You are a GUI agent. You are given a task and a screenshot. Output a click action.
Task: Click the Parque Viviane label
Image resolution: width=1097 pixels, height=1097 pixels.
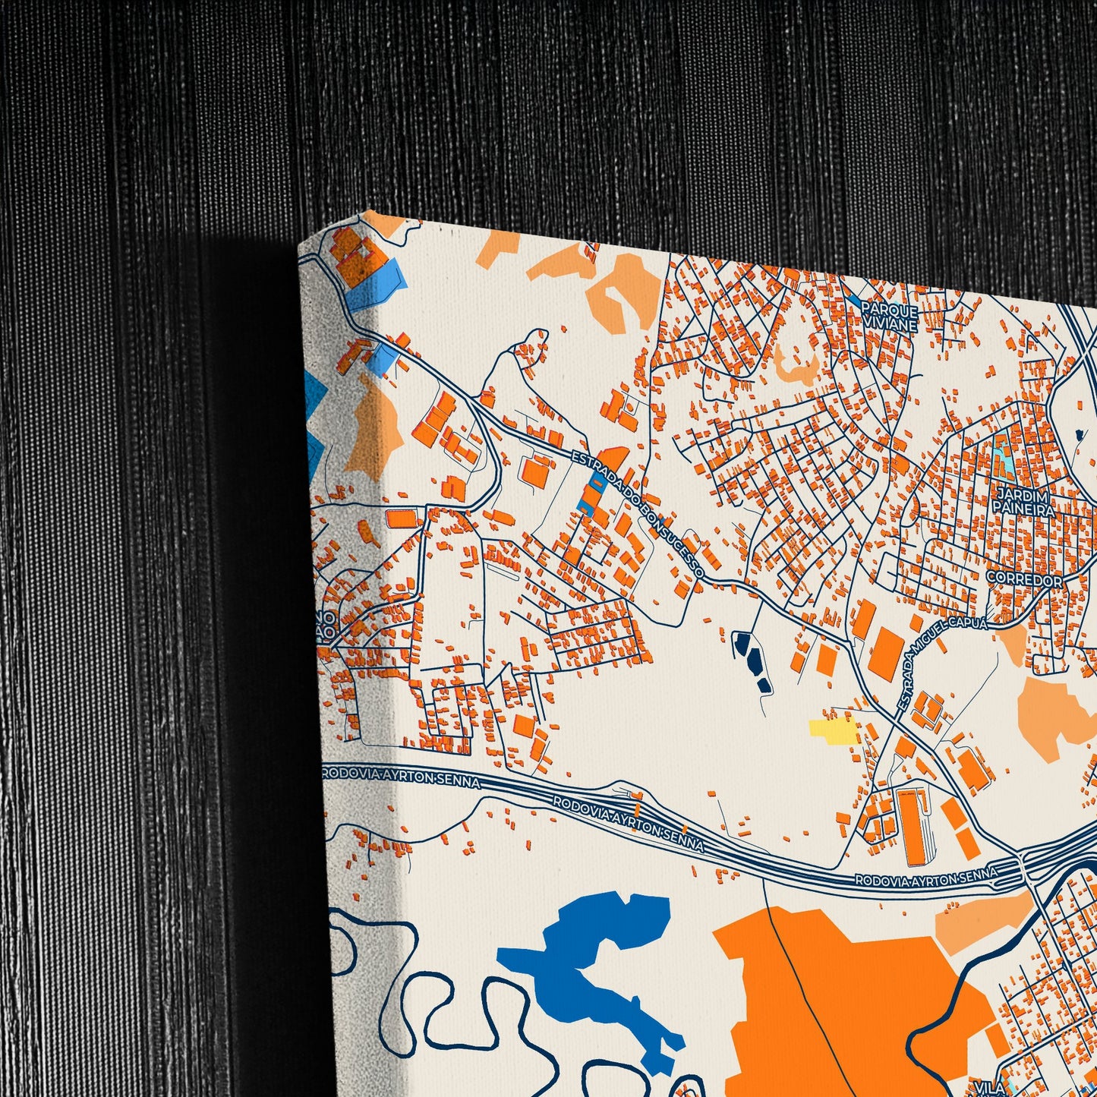click(890, 318)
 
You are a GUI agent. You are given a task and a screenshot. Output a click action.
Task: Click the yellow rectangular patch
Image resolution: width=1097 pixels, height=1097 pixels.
click(832, 730)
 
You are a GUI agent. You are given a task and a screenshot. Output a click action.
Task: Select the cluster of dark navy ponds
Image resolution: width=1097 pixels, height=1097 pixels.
click(752, 659)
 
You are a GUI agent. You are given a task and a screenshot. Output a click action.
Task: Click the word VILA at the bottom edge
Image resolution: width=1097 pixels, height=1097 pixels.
click(988, 1087)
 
